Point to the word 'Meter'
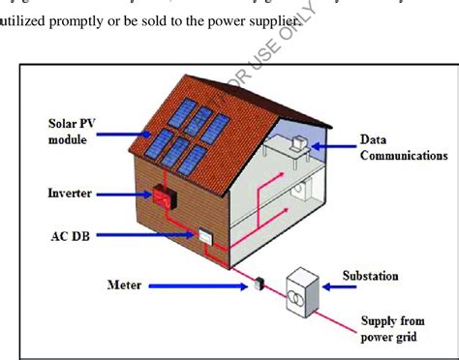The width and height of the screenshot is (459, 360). pyautogui.click(x=126, y=285)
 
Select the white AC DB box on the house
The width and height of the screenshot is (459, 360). pyautogui.click(x=206, y=236)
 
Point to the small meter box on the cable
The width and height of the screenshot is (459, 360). pyautogui.click(x=259, y=284)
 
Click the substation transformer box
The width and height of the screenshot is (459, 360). pyautogui.click(x=304, y=289)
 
